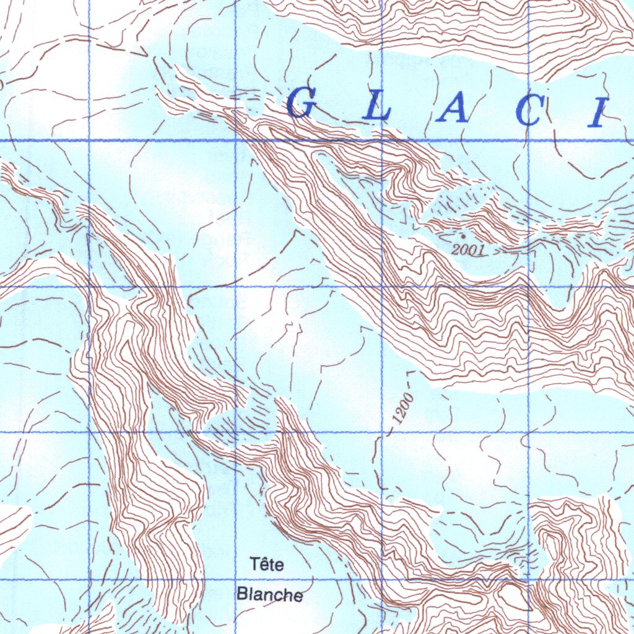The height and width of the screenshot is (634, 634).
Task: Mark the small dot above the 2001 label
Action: click(x=462, y=236)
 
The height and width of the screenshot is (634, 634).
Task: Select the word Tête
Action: click(x=267, y=564)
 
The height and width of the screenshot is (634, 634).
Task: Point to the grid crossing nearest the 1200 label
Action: click(x=382, y=432)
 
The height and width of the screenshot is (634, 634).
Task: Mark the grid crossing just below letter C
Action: click(x=528, y=141)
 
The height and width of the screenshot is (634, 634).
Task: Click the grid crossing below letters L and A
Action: click(x=382, y=141)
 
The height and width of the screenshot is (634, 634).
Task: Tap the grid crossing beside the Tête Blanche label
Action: click(x=235, y=580)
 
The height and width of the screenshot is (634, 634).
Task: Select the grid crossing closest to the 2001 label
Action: click(x=528, y=287)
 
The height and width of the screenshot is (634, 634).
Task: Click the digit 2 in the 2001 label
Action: click(x=456, y=250)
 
